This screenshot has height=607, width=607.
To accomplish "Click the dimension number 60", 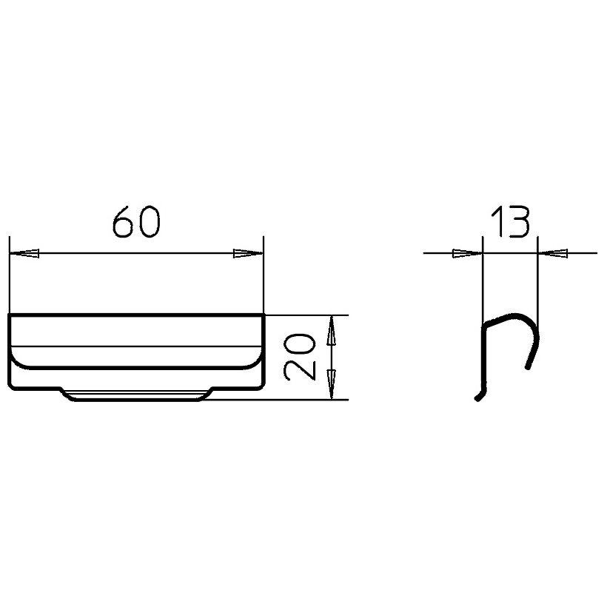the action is coord(136,221).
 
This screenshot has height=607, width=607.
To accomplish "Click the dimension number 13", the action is coord(510,221).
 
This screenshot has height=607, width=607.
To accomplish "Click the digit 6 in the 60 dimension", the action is coord(124,221).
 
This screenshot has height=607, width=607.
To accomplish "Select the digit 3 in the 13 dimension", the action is coord(517,221).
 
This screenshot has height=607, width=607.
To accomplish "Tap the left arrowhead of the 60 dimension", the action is coord(24,254).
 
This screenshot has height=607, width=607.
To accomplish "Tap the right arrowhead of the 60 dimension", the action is coord(248,254).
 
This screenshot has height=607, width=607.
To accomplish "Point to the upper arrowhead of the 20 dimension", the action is coord(331,330).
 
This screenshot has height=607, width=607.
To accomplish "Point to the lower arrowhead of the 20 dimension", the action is coord(331,384).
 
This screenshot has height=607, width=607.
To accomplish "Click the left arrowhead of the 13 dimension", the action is coord(468,254).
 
